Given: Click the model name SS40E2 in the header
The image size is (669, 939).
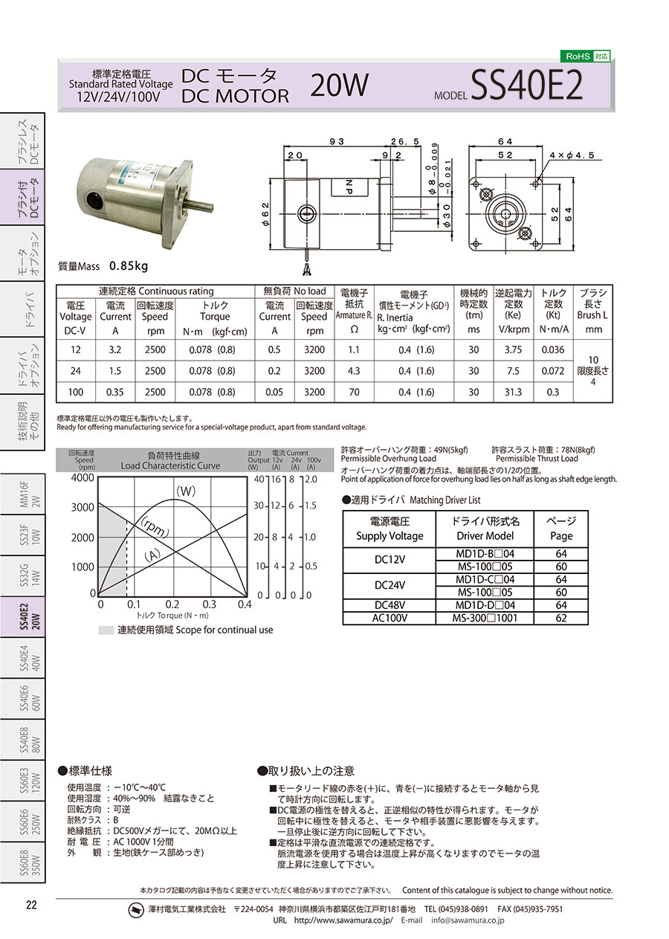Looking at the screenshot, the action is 527,85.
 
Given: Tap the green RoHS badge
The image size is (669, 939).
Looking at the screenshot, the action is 585,57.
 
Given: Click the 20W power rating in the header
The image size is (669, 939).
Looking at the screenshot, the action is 339,85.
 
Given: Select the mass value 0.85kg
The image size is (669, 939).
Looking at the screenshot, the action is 129,265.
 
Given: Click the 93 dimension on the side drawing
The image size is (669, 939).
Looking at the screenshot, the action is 337,142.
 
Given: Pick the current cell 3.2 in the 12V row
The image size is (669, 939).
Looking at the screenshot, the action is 115,349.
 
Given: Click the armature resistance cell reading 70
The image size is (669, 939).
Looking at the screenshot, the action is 355,392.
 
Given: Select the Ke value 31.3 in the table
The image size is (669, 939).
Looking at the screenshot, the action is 513,392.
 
